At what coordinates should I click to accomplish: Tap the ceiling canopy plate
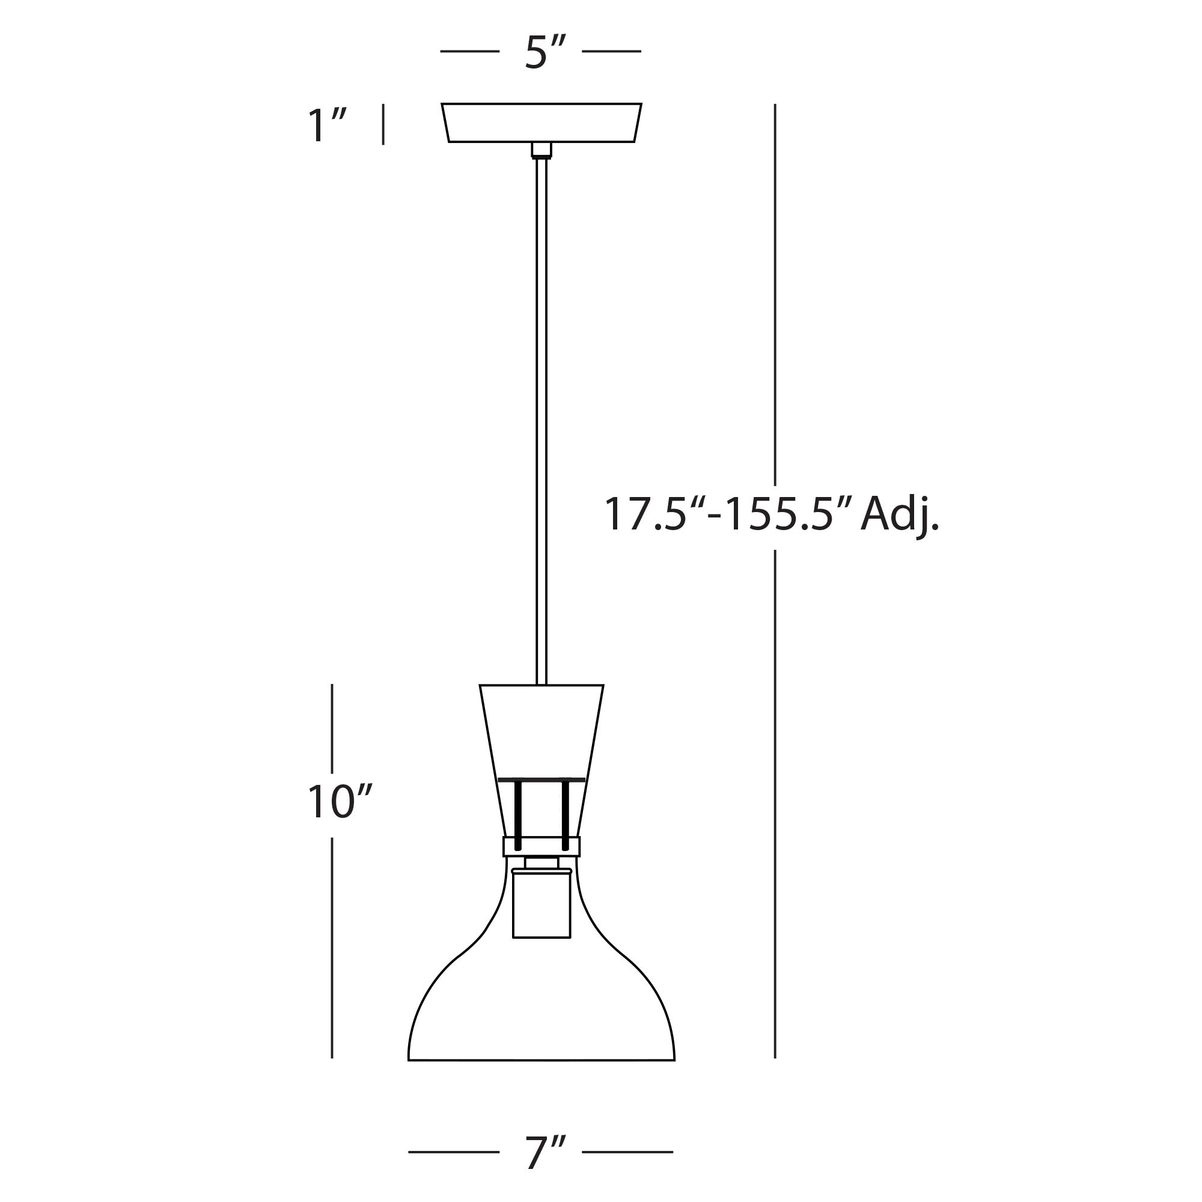click(x=542, y=123)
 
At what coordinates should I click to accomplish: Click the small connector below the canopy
click(x=542, y=150)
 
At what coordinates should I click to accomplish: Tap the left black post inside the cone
click(x=517, y=815)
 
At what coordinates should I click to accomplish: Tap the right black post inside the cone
click(x=565, y=815)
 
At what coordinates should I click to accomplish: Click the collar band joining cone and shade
click(x=542, y=846)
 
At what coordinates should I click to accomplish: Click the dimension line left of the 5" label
click(x=470, y=51)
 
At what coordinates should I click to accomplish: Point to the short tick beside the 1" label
click(x=383, y=124)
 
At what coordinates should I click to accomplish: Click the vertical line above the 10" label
click(x=332, y=728)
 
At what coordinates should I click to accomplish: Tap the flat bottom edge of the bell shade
click(x=542, y=1060)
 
